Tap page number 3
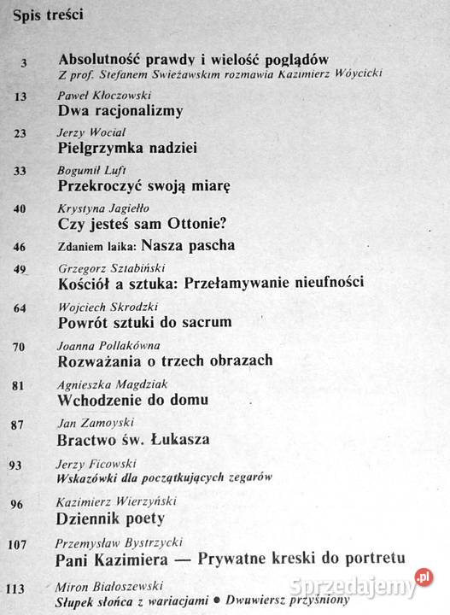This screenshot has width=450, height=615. click(24, 61)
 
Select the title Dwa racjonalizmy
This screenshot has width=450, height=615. click(120, 111)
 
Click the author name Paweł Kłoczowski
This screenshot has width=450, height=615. click(100, 96)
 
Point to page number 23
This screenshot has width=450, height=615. click(21, 132)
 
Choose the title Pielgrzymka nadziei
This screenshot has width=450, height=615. click(128, 149)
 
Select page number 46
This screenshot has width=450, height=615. click(21, 245)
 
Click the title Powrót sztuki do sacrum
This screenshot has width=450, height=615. click(146, 322)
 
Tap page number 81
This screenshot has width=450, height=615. click(21, 384)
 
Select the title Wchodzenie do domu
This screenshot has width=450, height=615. click(133, 399)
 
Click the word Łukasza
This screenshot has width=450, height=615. click(181, 440)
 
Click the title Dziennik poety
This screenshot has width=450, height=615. click(110, 518)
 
